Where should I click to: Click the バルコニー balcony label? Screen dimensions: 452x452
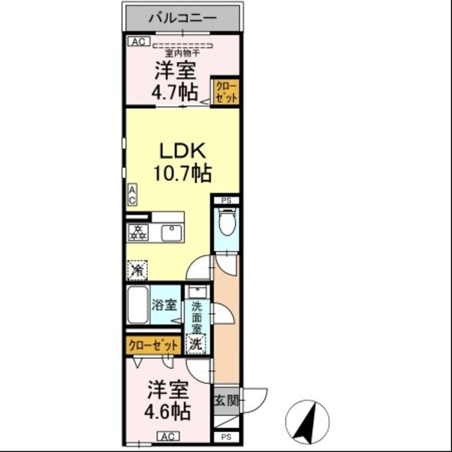pos(182,19)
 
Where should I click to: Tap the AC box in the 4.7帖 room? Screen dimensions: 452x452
pos(139,41)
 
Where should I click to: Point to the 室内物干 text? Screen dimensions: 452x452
pos(183,53)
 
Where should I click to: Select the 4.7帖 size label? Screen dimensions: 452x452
pos(175,92)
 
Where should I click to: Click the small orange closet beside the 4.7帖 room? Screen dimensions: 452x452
pos(226,92)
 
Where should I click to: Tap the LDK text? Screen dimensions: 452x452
pos(183,150)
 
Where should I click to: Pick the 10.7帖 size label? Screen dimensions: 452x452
pos(183,173)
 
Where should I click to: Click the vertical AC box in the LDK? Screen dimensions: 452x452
pos(132,195)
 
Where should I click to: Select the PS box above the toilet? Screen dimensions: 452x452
pos(227,201)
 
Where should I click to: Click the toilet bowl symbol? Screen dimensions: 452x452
pos(227,221)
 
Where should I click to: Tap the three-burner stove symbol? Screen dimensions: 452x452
pos(138,232)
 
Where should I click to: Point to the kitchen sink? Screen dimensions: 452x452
pos(172,233)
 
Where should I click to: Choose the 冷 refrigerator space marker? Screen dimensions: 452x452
pos(138,271)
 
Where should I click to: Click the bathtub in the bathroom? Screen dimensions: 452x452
pos(138,305)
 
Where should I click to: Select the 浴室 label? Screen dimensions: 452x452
pos(164,305)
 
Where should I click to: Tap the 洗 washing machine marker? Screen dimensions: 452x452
pos(196,344)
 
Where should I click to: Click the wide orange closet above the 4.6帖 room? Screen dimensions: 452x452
pos(154,345)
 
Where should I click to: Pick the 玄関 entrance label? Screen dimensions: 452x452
pos(227,401)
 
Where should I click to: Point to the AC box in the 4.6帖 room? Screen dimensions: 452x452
pos(169,436)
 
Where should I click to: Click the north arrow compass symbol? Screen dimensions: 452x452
pos(307,422)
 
